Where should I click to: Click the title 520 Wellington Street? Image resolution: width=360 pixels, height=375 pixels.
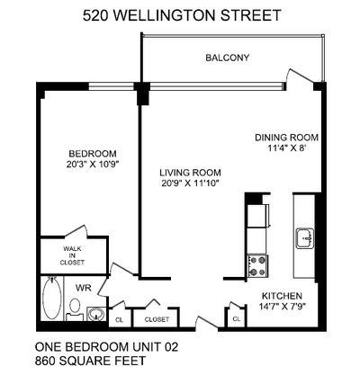click(181, 15)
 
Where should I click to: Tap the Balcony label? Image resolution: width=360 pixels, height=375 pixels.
click(228, 58)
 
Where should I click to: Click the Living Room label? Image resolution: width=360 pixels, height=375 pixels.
click(189, 172)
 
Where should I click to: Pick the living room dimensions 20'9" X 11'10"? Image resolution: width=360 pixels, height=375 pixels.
click(189, 183)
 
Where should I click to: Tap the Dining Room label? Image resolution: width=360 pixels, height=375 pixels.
click(286, 138)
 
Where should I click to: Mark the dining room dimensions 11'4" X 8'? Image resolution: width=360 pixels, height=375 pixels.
click(286, 150)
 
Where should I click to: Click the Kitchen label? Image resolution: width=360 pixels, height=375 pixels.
click(282, 296)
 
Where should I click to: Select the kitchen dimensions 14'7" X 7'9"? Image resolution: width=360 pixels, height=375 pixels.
click(282, 308)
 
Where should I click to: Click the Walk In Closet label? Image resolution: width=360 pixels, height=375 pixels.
click(73, 255)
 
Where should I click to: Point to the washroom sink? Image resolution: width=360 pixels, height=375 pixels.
click(94, 316)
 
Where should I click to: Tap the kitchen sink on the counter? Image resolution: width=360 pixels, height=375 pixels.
click(303, 238)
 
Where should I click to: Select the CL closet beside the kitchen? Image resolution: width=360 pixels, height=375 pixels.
click(237, 318)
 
